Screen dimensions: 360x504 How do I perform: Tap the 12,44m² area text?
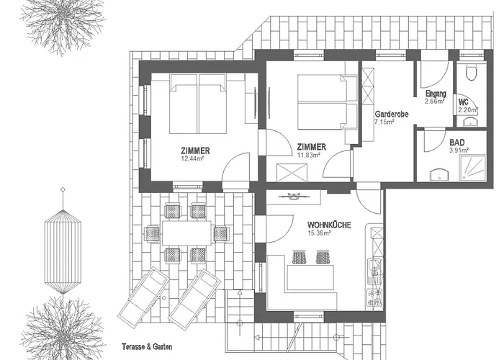pos(196,158)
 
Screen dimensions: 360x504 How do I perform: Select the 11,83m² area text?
pos(311,154)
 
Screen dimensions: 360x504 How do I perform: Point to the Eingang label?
pos(436,94)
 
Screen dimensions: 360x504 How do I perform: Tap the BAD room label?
pos(456,143)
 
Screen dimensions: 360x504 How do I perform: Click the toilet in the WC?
pos(472,73)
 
